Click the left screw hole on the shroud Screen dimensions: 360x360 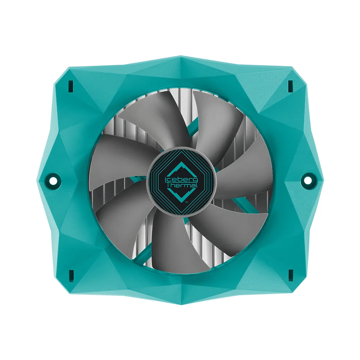53,180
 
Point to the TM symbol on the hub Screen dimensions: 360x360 186,202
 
